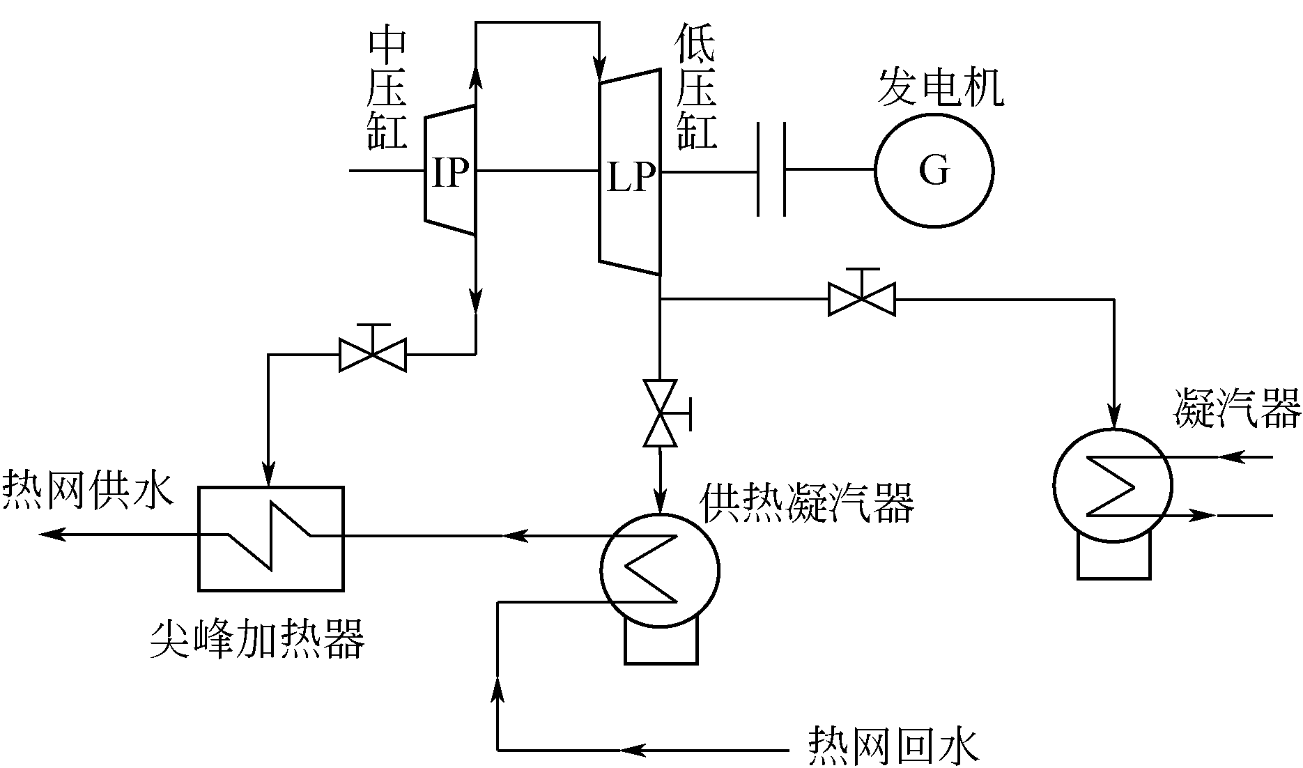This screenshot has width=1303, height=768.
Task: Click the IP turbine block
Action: click(x=450, y=171)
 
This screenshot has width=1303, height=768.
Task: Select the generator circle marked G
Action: click(x=934, y=170)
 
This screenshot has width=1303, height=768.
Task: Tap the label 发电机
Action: click(x=941, y=88)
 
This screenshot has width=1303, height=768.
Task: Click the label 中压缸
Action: click(x=387, y=89)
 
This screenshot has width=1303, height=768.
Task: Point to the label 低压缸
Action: click(x=696, y=89)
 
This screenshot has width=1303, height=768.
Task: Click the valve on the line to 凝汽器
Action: click(x=861, y=298)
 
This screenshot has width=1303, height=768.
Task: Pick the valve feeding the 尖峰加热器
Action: click(x=372, y=354)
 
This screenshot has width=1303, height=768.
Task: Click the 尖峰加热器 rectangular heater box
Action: click(x=270, y=538)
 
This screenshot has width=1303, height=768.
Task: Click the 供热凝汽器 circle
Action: click(x=659, y=570)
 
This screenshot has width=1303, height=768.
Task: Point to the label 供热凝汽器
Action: click(x=807, y=503)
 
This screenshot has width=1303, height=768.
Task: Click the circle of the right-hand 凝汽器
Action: click(x=1112, y=485)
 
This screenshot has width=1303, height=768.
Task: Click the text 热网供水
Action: click(x=86, y=489)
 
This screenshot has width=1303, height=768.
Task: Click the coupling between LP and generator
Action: click(x=771, y=170)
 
